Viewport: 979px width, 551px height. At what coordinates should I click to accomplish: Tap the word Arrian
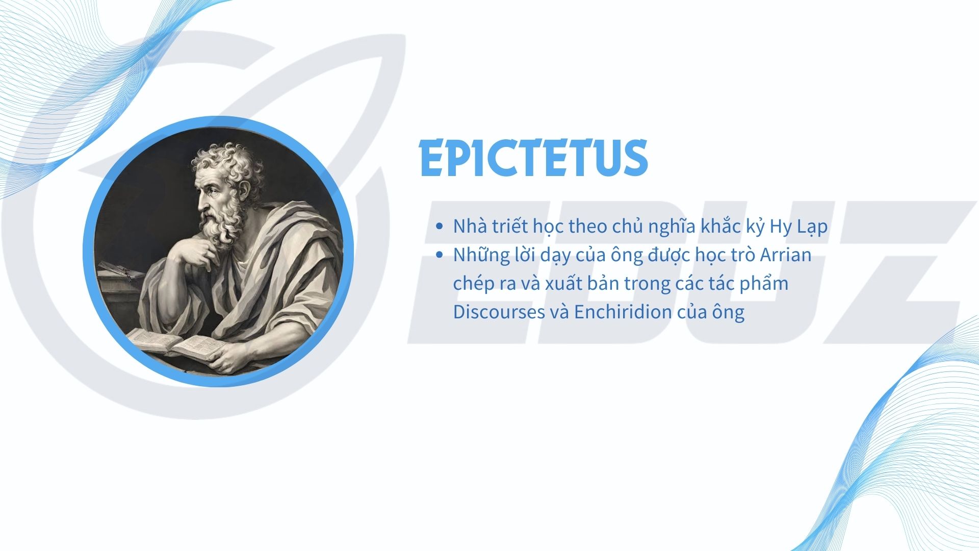click(786, 255)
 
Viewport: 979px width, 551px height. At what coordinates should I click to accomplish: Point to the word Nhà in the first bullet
click(470, 226)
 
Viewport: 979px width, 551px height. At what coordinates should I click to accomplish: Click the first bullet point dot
click(440, 227)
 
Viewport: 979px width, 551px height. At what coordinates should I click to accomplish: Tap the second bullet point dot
click(440, 255)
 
